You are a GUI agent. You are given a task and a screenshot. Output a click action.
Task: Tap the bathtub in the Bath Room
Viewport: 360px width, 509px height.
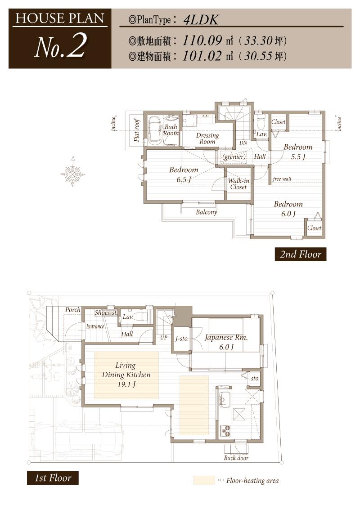(x=155, y=130)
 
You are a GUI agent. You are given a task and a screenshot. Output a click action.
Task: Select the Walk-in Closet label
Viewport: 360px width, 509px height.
(x=238, y=184)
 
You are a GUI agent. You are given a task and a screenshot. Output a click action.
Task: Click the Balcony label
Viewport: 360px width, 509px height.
(x=206, y=212)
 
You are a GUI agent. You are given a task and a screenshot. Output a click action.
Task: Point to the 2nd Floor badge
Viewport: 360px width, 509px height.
(x=301, y=254)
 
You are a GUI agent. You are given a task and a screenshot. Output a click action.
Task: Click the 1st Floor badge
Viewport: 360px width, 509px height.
(x=53, y=478)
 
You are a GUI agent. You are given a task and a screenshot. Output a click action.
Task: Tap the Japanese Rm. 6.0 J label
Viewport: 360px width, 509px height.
(x=226, y=342)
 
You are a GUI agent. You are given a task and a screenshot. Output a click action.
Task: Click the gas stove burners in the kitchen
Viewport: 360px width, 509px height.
(x=225, y=431)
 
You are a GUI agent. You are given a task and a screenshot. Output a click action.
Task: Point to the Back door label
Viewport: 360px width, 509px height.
(x=236, y=458)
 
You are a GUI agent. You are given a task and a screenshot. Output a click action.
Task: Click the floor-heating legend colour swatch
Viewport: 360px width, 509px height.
(x=204, y=480)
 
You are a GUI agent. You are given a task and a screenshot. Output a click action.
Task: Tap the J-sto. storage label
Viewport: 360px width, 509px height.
(x=182, y=339)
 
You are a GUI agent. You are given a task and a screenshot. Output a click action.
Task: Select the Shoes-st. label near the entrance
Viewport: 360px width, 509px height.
(x=106, y=313)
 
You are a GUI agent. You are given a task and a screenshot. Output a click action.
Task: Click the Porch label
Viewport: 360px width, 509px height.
(x=73, y=310)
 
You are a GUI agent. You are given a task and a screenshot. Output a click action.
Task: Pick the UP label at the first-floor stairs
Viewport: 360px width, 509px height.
(x=164, y=337)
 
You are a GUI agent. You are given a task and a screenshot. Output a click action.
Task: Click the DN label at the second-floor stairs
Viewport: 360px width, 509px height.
(x=243, y=143)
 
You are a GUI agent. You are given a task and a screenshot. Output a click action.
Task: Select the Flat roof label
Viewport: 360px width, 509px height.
(x=137, y=130)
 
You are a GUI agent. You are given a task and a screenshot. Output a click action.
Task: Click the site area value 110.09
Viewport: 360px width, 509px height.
(x=202, y=40)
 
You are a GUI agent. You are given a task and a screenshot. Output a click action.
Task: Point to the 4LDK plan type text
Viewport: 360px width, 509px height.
(x=201, y=20)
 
